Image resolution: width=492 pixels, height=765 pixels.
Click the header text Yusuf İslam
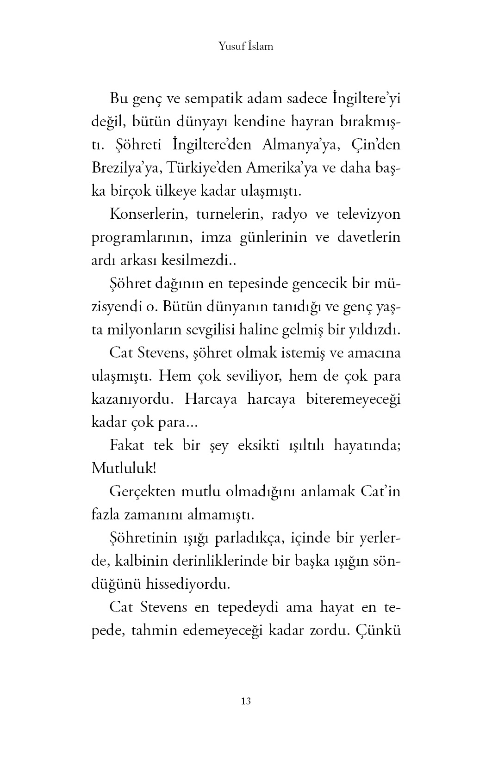pyautogui.click(x=245, y=46)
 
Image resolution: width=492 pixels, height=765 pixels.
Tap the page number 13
pyautogui.click(x=246, y=701)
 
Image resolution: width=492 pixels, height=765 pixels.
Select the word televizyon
pyautogui.click(x=364, y=215)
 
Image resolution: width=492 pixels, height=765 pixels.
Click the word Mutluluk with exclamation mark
pyautogui.click(x=124, y=469)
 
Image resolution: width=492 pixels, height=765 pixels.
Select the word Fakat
pyautogui.click(x=127, y=445)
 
